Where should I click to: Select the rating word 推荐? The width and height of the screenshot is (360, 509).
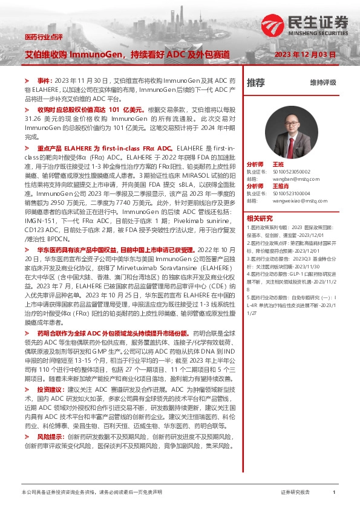point(255,83)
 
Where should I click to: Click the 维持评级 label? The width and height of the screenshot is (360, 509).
point(322,83)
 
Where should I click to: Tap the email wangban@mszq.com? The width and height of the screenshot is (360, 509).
point(292,179)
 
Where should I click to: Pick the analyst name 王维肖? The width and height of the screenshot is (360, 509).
point(281,186)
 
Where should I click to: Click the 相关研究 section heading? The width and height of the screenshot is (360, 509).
point(259,218)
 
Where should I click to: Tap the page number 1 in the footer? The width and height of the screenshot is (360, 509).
point(333,493)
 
